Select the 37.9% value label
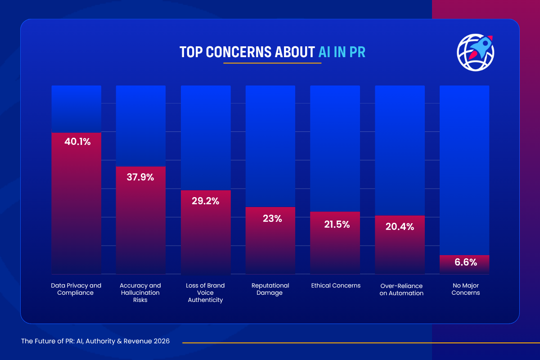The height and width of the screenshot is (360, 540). pyautogui.click(x=140, y=177)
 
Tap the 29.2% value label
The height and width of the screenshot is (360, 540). pyautogui.click(x=206, y=201)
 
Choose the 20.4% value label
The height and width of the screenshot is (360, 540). pyautogui.click(x=400, y=227)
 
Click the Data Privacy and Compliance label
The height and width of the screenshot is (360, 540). pyautogui.click(x=76, y=289)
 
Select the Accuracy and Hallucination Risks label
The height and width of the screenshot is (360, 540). pyautogui.click(x=140, y=293)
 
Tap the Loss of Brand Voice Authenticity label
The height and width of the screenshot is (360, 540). pyautogui.click(x=205, y=293)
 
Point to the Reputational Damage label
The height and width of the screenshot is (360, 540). pyautogui.click(x=270, y=289)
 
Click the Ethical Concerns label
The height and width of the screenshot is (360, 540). pyautogui.click(x=336, y=286)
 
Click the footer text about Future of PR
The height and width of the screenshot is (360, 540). pyautogui.click(x=95, y=342)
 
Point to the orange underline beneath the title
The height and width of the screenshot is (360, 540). pyautogui.click(x=272, y=63)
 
